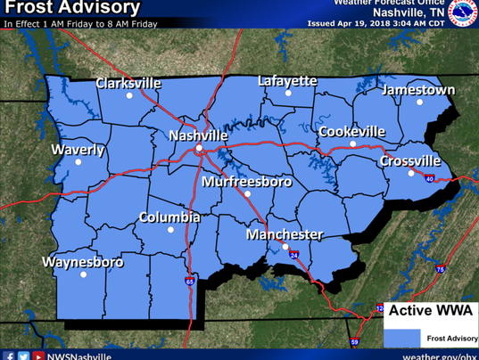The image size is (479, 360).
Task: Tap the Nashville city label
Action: (x=198, y=135)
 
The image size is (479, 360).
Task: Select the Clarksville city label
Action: (x=128, y=83)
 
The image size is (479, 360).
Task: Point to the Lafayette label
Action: (x=287, y=81)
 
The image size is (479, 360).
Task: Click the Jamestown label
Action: (x=418, y=90)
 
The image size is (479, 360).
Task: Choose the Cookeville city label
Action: (x=352, y=131)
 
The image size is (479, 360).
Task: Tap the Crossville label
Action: (x=409, y=161)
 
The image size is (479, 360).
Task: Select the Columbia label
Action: (x=169, y=217)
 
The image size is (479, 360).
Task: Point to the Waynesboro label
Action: (x=82, y=263)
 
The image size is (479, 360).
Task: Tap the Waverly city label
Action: (x=78, y=150)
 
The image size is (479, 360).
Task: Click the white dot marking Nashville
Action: (x=199, y=148)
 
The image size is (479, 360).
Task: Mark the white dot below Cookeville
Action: (x=352, y=143)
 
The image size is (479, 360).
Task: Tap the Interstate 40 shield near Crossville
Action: (x=429, y=179)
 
